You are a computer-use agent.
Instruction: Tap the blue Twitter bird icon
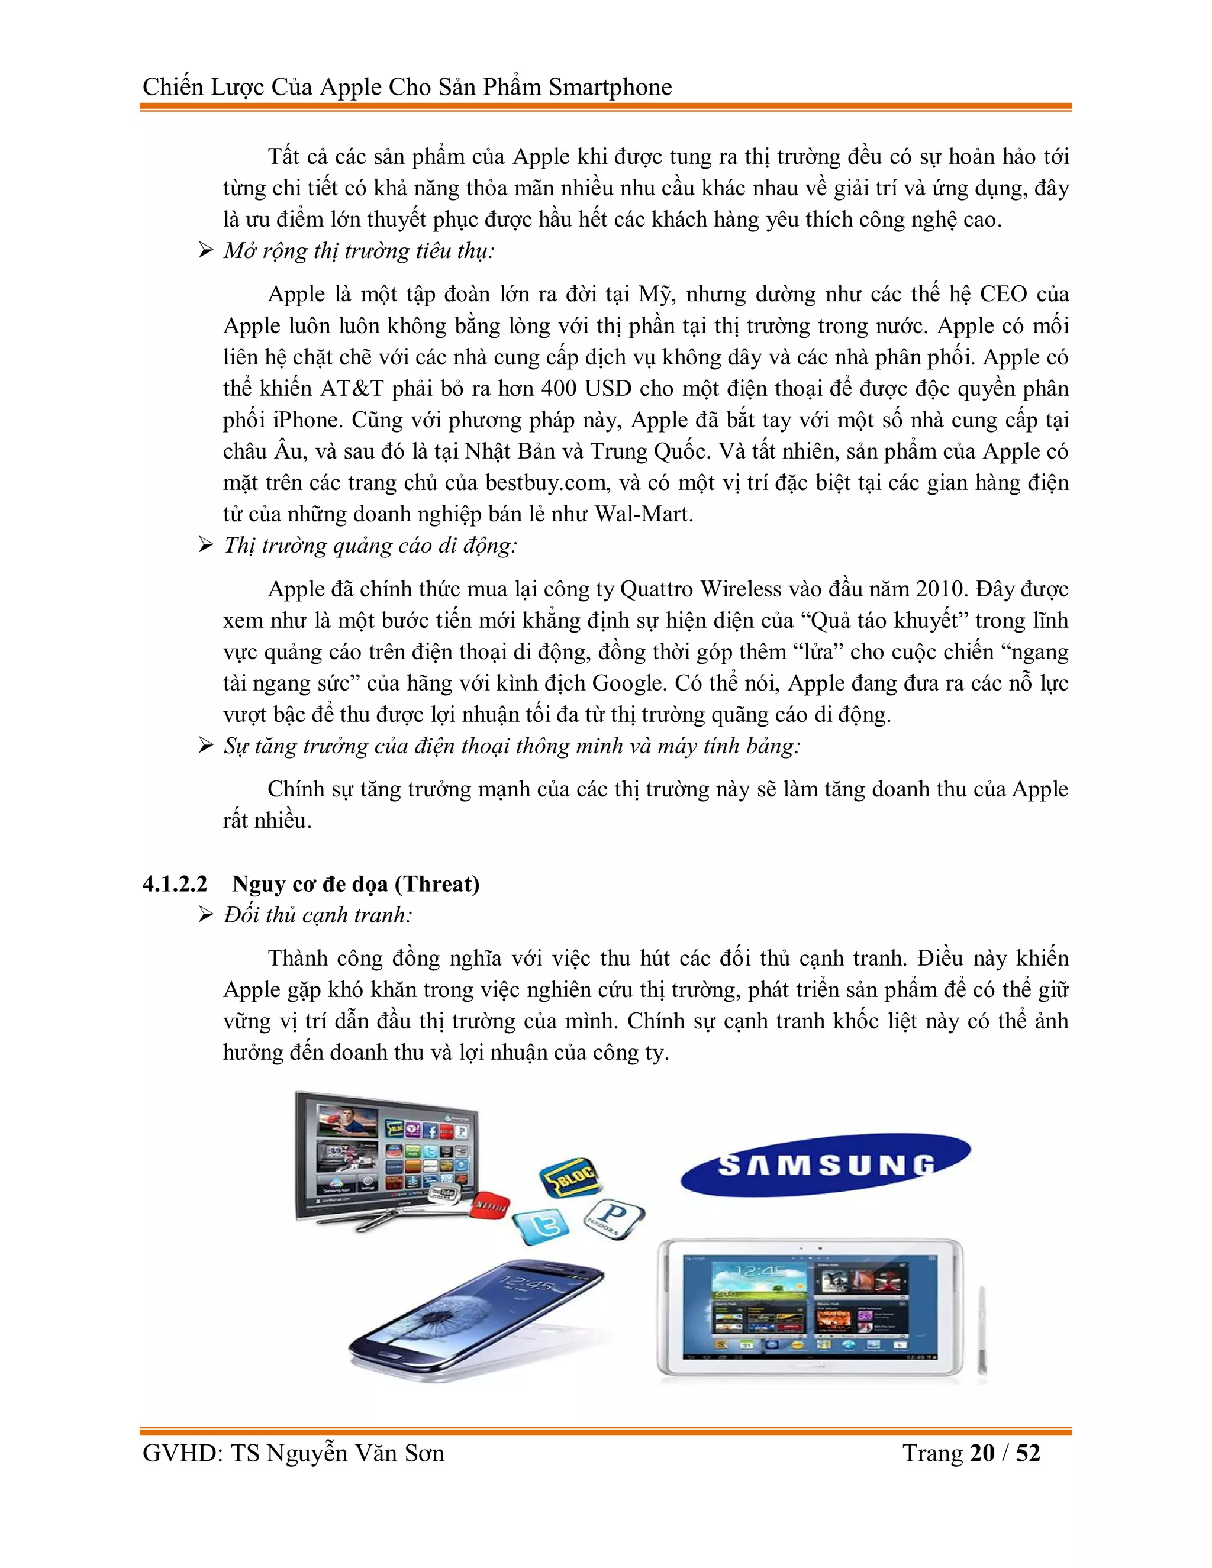(543, 1225)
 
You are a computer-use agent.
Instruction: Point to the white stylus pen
(982, 1332)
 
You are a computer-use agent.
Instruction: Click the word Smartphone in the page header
(610, 88)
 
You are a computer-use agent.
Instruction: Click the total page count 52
(1027, 1453)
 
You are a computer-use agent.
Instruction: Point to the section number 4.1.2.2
(175, 884)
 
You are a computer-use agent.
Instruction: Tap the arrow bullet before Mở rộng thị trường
(206, 250)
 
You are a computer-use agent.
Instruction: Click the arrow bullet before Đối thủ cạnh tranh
(206, 915)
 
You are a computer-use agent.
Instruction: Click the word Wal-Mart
(643, 514)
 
